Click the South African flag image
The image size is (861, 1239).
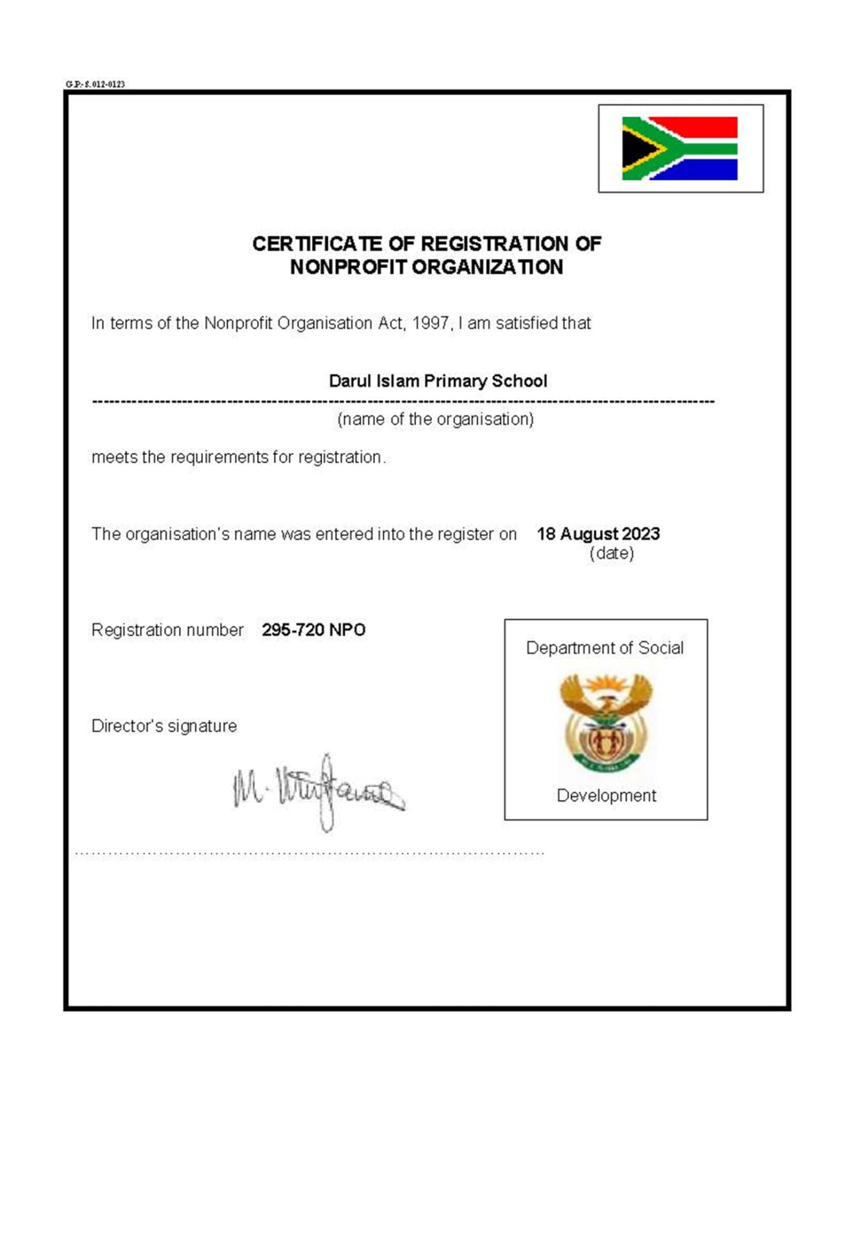[x=679, y=148]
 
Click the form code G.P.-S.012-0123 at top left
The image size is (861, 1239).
[x=95, y=84]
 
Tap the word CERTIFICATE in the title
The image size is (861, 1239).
[x=317, y=244]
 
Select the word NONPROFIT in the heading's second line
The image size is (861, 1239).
[x=348, y=267]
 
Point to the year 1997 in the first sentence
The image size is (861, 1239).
[x=430, y=323]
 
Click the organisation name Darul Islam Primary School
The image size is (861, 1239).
[x=438, y=381]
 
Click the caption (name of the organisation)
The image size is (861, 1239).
[x=435, y=419]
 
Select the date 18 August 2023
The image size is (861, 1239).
[x=598, y=534]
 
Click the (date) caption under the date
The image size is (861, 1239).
[x=611, y=553]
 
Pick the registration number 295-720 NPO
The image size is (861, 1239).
[x=313, y=630]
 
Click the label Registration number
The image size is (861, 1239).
[x=167, y=630]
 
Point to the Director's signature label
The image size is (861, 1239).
[x=164, y=726]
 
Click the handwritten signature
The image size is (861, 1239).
[x=319, y=792]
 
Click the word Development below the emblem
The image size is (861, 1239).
[x=606, y=796]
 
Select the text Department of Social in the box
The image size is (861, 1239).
[x=605, y=648]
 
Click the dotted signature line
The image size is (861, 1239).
[x=308, y=854]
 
